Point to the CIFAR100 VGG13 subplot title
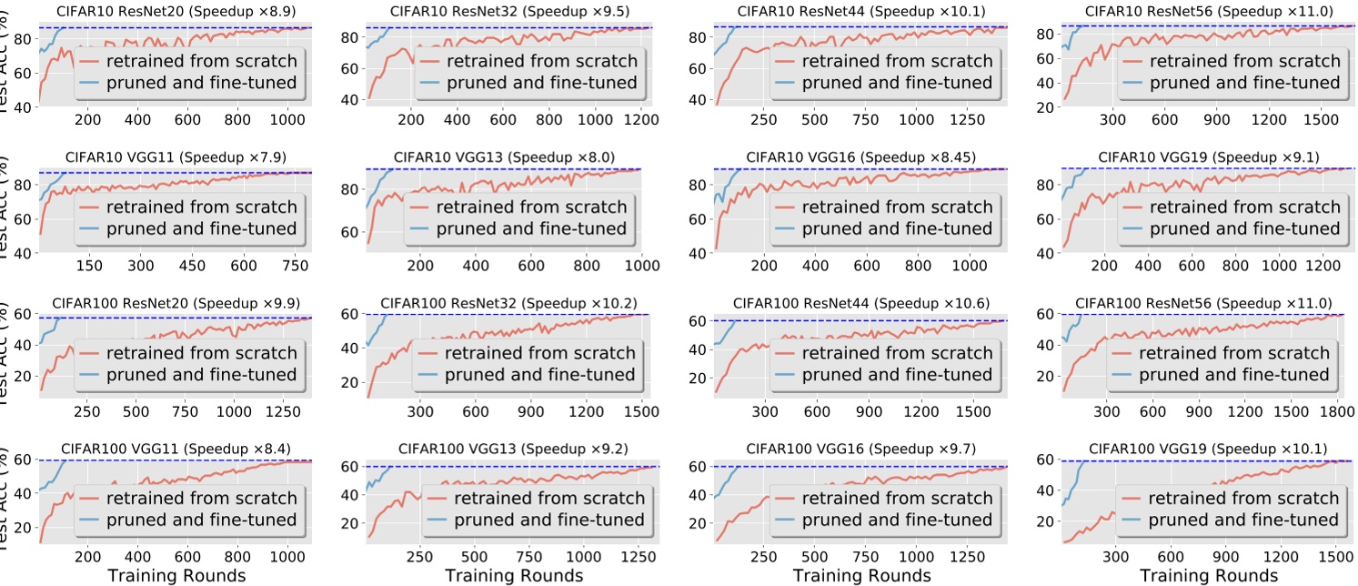click(x=513, y=448)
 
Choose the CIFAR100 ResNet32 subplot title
click(x=513, y=302)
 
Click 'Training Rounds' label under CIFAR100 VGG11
click(x=176, y=575)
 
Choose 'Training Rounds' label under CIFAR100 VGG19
click(x=1209, y=575)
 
